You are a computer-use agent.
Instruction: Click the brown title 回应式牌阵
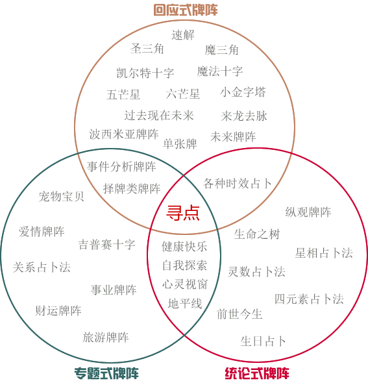[x=186, y=10]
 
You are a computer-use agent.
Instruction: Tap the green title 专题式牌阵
[x=106, y=373]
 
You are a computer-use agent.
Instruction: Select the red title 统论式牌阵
[x=257, y=373]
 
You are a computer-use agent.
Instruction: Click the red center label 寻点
[x=183, y=213]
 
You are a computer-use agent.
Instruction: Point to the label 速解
[x=183, y=34]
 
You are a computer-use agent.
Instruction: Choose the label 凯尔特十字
[x=145, y=73]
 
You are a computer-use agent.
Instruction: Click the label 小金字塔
[x=243, y=92]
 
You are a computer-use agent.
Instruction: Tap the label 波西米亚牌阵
[x=124, y=134]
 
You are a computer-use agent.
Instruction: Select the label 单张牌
[x=180, y=143]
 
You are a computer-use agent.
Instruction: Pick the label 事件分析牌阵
[x=121, y=167]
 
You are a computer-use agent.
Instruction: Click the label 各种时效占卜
[x=238, y=184]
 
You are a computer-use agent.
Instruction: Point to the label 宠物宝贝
[x=61, y=197]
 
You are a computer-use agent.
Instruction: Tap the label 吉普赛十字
[x=106, y=245]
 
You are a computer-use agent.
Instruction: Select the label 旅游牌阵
[x=106, y=338]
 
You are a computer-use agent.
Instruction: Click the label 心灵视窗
[x=185, y=284]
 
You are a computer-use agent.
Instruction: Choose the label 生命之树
[x=257, y=234]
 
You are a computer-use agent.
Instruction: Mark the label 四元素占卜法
[x=309, y=299]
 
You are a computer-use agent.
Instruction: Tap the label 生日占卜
[x=264, y=341]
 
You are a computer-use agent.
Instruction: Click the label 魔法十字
[x=220, y=71]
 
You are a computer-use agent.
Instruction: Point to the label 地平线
[x=185, y=304]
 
